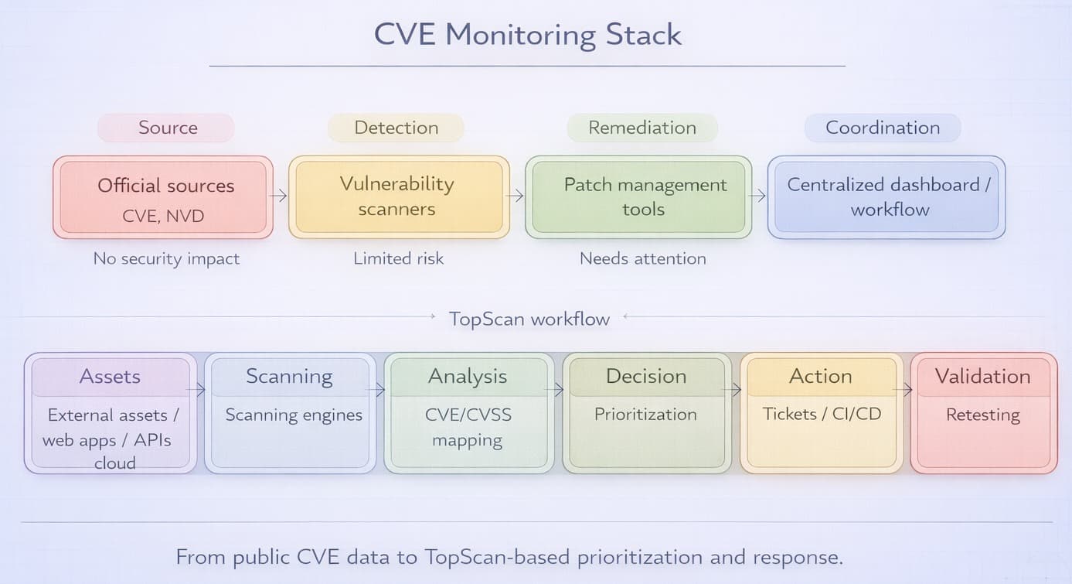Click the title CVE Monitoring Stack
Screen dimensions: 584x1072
[x=528, y=36]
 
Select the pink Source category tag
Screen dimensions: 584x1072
[x=167, y=128]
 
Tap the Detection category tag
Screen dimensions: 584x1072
[x=396, y=128]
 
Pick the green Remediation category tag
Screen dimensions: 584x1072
[x=641, y=128]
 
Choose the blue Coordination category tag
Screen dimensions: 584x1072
[x=883, y=128]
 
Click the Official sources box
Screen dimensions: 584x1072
[x=163, y=197]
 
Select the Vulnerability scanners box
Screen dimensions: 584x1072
[x=398, y=196]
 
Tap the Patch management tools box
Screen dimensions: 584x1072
[x=638, y=196]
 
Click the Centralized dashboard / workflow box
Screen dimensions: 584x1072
[x=887, y=196]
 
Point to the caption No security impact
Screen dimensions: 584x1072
[x=166, y=258]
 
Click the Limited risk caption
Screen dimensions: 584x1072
[x=398, y=258]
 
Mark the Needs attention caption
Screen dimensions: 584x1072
[x=642, y=258]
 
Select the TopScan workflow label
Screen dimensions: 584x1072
[x=529, y=319]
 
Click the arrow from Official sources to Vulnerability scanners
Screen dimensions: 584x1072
[x=278, y=196]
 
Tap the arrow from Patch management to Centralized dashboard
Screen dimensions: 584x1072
[x=758, y=196]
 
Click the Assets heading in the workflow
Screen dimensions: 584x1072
[x=110, y=377]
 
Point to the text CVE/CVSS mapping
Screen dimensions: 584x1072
[x=468, y=427]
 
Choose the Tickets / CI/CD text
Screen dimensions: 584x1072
[x=822, y=414]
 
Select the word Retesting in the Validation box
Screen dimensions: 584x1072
[x=982, y=415]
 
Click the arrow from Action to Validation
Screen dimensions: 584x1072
[x=905, y=390]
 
